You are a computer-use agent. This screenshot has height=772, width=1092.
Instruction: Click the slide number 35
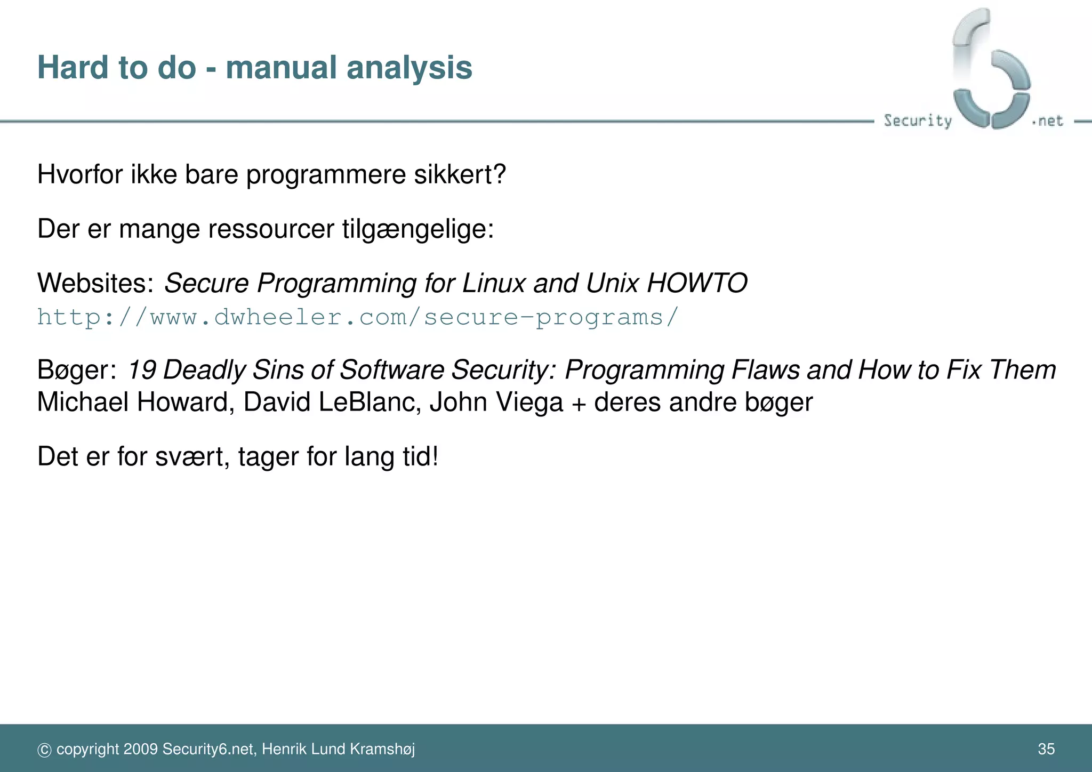click(x=1046, y=749)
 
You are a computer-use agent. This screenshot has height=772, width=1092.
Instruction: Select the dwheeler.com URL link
click(x=358, y=317)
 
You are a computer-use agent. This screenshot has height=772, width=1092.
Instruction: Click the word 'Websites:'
click(x=95, y=283)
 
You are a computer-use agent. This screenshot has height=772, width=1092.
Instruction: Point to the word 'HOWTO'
click(x=697, y=283)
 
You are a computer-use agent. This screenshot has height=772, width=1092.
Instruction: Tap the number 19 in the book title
click(x=141, y=370)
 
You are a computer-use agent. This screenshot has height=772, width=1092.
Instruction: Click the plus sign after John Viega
click(x=579, y=403)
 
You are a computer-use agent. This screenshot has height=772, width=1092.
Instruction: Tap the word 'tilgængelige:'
click(x=418, y=230)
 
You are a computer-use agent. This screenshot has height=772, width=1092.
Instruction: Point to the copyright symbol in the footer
click(x=44, y=750)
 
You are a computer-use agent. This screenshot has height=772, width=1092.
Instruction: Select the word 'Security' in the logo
click(x=917, y=120)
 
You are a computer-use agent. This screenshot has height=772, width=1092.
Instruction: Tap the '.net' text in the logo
click(x=1048, y=121)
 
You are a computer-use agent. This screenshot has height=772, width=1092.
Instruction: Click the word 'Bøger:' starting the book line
click(x=77, y=370)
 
